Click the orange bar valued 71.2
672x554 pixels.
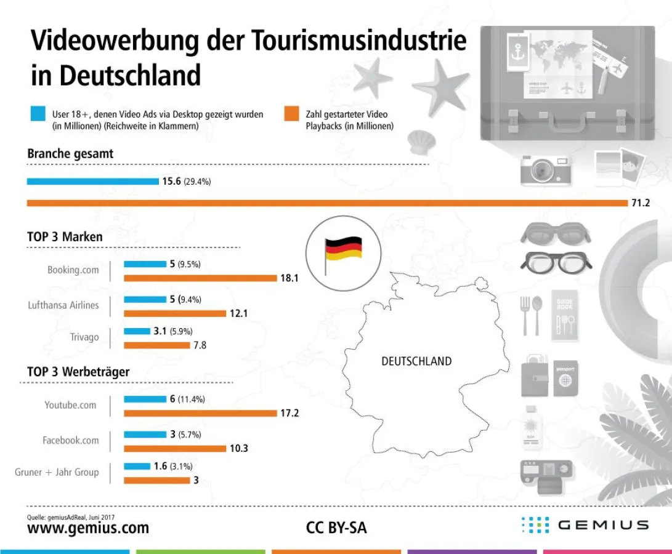(x=326, y=203)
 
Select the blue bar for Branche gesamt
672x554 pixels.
(x=92, y=182)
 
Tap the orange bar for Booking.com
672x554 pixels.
(x=200, y=278)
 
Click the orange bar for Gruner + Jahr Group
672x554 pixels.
(x=156, y=480)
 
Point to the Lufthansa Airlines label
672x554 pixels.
(x=63, y=305)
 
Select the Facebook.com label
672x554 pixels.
(x=70, y=440)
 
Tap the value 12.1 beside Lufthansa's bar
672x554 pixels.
(x=238, y=313)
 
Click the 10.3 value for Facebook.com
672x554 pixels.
(x=238, y=448)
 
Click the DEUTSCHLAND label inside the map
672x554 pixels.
(x=416, y=361)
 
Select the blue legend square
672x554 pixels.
(x=38, y=114)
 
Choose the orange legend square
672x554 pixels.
(x=291, y=114)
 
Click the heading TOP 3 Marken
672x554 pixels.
(x=65, y=236)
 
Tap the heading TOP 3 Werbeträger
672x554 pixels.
(x=78, y=372)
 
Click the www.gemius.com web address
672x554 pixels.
(x=88, y=528)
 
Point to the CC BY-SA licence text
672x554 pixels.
(x=336, y=528)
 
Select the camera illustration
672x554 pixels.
(x=546, y=169)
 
